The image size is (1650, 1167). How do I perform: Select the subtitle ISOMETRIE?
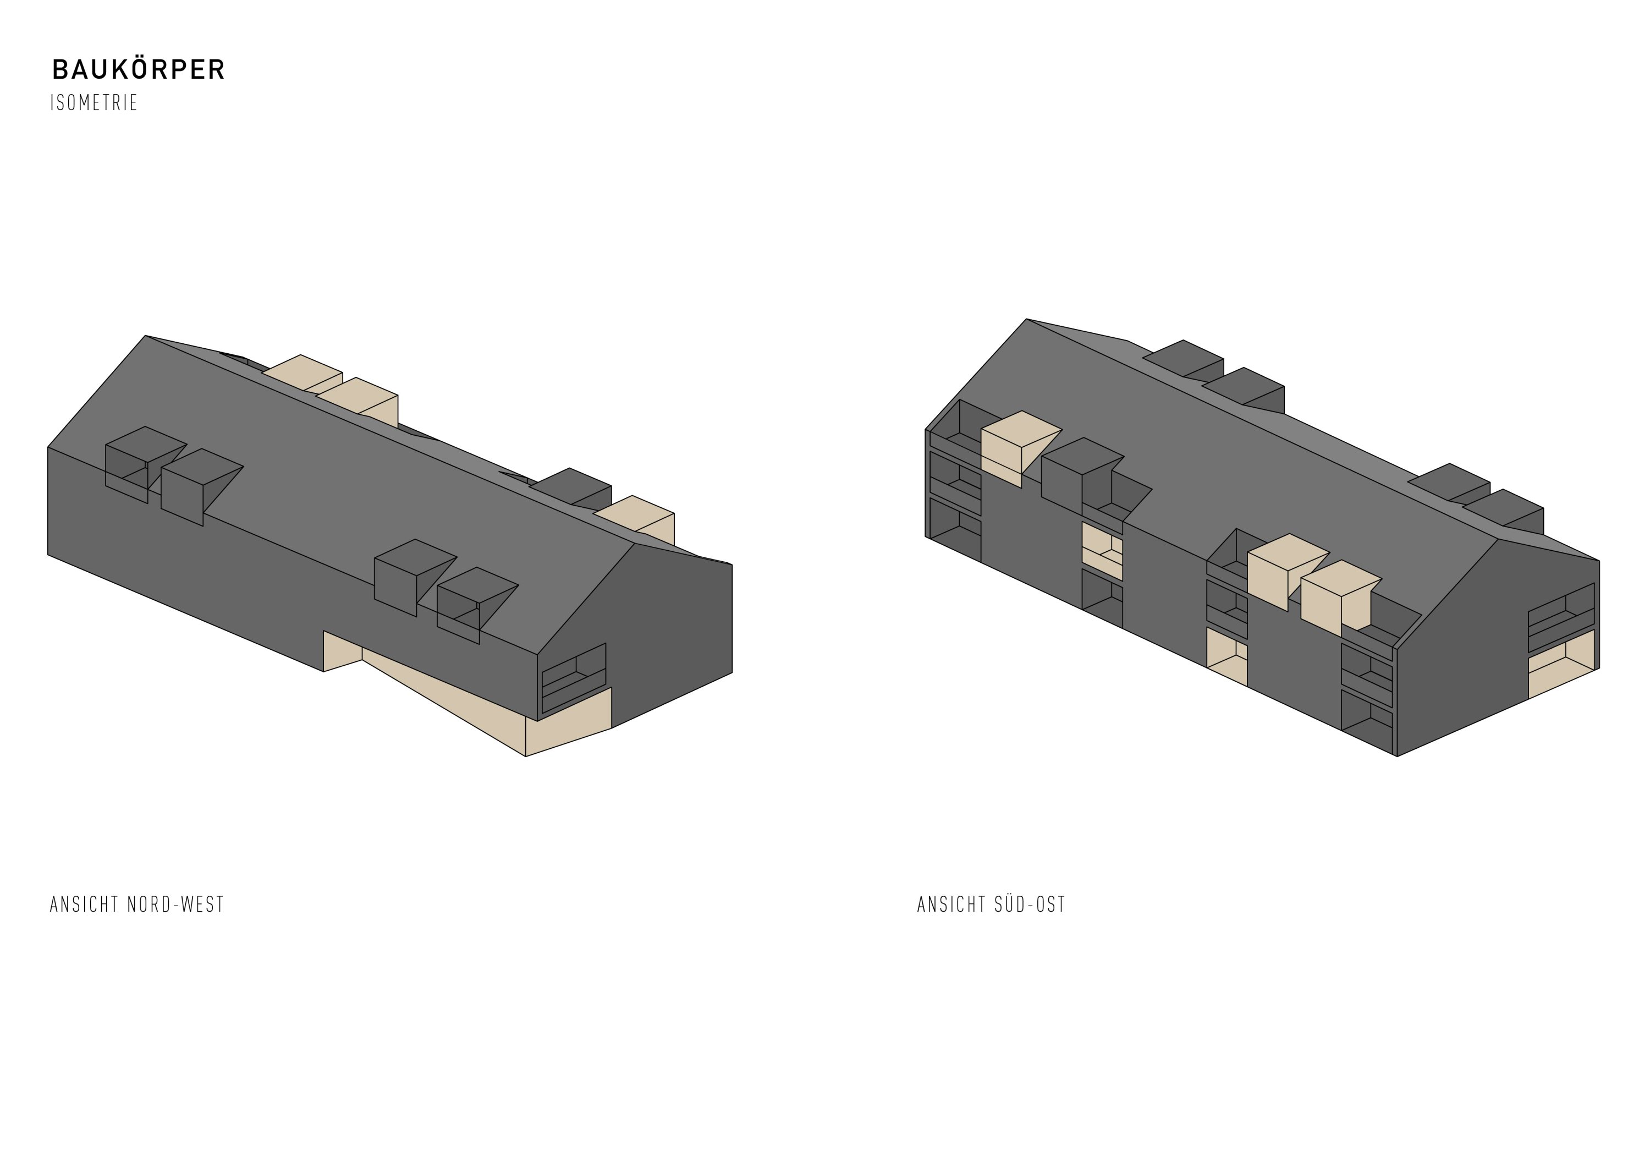pos(94,103)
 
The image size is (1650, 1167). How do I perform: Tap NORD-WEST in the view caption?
pos(175,905)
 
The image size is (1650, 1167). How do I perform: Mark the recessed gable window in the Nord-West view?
pos(574,678)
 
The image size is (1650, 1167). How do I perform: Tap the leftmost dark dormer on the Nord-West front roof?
pos(144,464)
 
